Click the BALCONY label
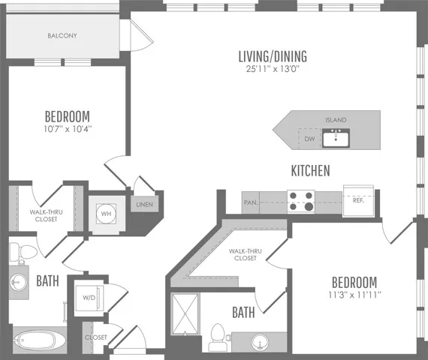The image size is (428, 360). (62, 35)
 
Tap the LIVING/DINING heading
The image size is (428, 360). (273, 56)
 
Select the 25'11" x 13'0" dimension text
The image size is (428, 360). (273, 69)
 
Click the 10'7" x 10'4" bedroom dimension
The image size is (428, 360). (68, 128)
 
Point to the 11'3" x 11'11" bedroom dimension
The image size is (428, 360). (354, 295)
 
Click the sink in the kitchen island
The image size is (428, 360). (336, 138)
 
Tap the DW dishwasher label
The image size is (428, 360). (309, 139)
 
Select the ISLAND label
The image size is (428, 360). (336, 120)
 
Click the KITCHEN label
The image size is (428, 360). (310, 171)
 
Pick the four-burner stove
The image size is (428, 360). (301, 202)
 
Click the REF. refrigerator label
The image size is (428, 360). (358, 200)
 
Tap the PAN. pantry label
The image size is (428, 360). (251, 202)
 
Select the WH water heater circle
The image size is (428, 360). (106, 214)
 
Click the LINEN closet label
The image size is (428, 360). (144, 205)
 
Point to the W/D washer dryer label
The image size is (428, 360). (89, 298)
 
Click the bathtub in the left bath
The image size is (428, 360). (40, 340)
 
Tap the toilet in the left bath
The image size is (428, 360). (24, 251)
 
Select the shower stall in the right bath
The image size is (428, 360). (185, 313)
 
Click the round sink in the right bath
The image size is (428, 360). (260, 342)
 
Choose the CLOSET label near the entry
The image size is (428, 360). (96, 337)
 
